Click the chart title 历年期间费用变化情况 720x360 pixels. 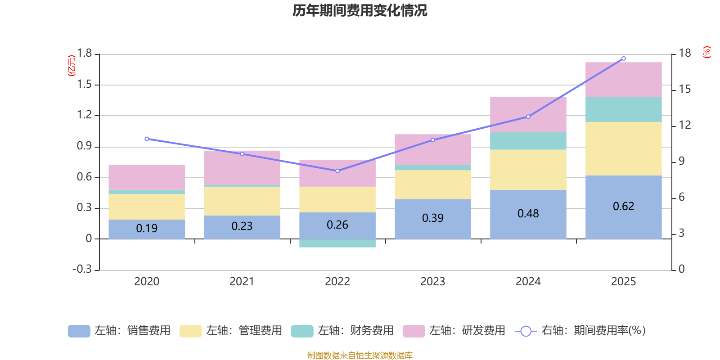click(x=360, y=10)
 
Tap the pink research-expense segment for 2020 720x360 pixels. click(x=147, y=177)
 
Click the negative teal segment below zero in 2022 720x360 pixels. click(x=337, y=243)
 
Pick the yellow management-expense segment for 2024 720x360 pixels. click(x=528, y=170)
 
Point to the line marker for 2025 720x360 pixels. click(x=623, y=58)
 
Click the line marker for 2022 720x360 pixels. click(x=337, y=171)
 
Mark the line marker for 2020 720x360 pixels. click(x=147, y=139)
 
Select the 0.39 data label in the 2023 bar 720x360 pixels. click(x=432, y=218)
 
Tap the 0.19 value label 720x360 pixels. click(x=147, y=229)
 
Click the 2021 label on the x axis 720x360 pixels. click(x=242, y=282)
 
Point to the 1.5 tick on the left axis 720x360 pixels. click(x=84, y=85)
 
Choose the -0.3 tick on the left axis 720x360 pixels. click(x=82, y=269)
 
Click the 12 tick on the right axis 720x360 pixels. click(x=684, y=125)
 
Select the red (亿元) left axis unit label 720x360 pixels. click(x=71, y=66)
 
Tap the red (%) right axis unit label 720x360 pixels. click(x=706, y=52)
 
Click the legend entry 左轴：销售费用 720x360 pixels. click(x=119, y=331)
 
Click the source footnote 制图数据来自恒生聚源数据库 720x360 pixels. click(x=360, y=355)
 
